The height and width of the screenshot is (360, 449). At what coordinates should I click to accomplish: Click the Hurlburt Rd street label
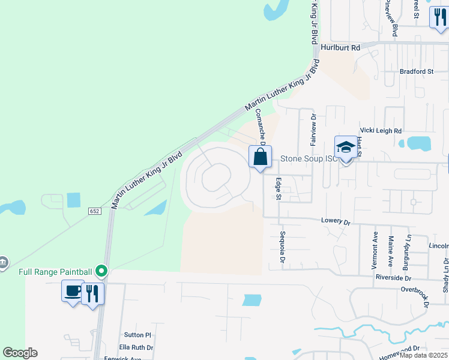point(340,47)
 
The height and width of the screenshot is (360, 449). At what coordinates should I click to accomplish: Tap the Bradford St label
point(416,71)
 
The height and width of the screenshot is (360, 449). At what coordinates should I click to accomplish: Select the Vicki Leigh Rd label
point(380,130)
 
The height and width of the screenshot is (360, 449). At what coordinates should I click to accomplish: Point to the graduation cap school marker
point(346,148)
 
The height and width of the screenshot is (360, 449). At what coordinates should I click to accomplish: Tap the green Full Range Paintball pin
point(101,272)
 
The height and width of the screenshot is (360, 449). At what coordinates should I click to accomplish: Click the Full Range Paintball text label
point(55,272)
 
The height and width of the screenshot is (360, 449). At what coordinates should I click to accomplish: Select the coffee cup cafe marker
point(73,292)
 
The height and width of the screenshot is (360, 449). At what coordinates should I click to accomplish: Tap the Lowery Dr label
point(336,221)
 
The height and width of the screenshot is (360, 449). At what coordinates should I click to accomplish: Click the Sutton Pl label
point(137,335)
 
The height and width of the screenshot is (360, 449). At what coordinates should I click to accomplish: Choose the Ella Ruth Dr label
point(136,347)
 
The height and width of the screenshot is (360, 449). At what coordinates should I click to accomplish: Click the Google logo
point(20,353)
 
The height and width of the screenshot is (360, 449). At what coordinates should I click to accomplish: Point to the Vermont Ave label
point(375,249)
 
